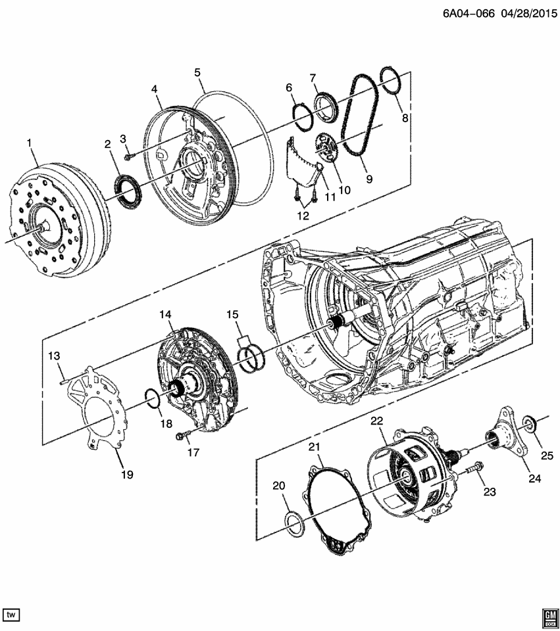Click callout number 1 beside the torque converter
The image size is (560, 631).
(x=29, y=143)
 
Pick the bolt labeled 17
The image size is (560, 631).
(x=184, y=435)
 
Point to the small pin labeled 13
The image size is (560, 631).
(x=61, y=377)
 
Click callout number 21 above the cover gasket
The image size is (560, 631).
(x=314, y=448)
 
